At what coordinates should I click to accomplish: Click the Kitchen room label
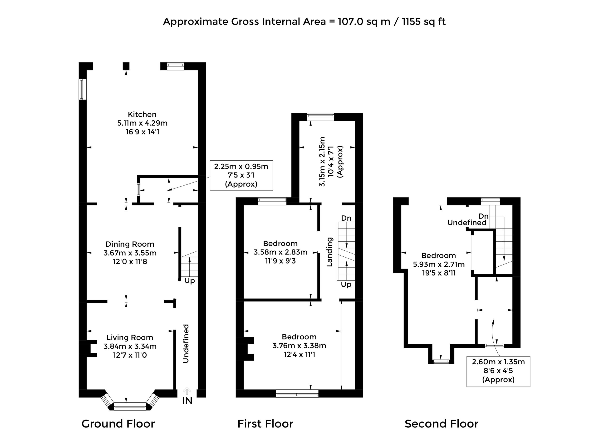pyautogui.click(x=142, y=114)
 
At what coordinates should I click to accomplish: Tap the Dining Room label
pyautogui.click(x=130, y=244)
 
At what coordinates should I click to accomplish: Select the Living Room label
pyautogui.click(x=130, y=338)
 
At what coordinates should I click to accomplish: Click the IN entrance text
pyautogui.click(x=187, y=401)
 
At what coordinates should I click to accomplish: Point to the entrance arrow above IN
pyautogui.click(x=187, y=391)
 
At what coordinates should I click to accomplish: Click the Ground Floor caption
pyautogui.click(x=118, y=423)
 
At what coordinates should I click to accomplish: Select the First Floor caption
pyautogui.click(x=265, y=423)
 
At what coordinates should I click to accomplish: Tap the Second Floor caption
pyautogui.click(x=442, y=423)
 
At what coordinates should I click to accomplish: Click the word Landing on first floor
pyautogui.click(x=329, y=252)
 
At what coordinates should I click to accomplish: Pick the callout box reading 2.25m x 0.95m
pyautogui.click(x=241, y=175)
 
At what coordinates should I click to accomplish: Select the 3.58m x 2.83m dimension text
pyautogui.click(x=280, y=252)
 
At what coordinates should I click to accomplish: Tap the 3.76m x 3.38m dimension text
pyautogui.click(x=299, y=346)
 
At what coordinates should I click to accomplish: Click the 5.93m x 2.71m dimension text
pyautogui.click(x=439, y=264)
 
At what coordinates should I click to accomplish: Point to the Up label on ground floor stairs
pyautogui.click(x=190, y=281)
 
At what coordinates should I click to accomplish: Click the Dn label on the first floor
pyautogui.click(x=346, y=218)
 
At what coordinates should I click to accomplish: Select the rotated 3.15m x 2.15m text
pyautogui.click(x=322, y=162)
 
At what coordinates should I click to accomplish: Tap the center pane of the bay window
pyautogui.click(x=130, y=406)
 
